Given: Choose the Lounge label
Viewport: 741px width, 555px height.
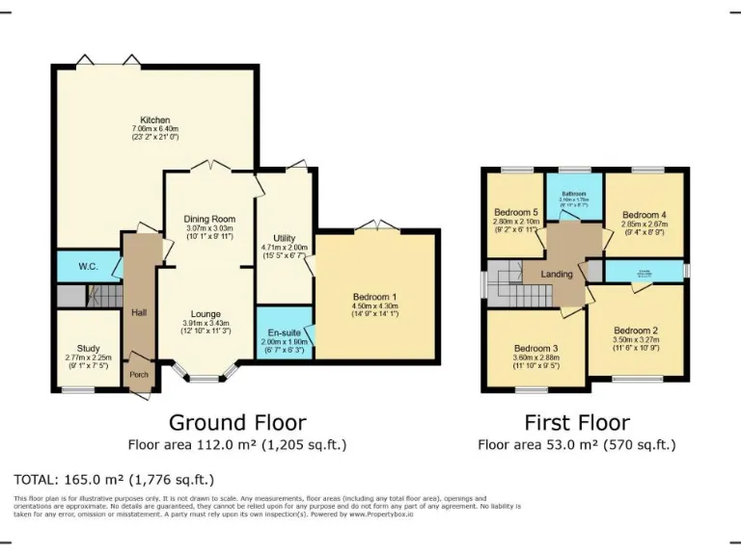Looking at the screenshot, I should (206, 314).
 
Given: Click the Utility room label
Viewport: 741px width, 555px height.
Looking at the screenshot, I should (284, 239).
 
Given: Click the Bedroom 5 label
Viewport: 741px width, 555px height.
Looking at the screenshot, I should (515, 213).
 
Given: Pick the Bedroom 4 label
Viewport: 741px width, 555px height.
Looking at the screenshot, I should (644, 215).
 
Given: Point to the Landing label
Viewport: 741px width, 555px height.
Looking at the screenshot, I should (557, 275).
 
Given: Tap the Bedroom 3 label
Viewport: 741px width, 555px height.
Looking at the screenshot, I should (535, 348).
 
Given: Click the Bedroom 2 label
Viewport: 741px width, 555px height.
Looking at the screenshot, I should (635, 330).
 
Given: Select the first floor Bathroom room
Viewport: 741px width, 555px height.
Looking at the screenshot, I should (574, 198).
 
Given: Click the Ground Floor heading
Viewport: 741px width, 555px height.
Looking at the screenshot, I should (237, 422).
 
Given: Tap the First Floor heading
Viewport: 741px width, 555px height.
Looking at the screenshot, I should (577, 422).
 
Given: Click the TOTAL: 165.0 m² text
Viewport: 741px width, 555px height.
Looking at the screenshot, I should (113, 479).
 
